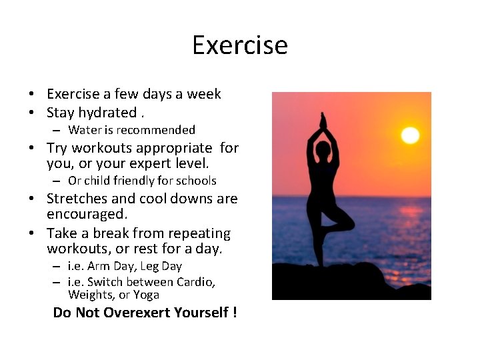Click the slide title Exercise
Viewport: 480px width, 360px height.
[240, 45]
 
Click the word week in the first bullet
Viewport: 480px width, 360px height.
[203, 94]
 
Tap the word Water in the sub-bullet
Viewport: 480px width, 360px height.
[84, 130]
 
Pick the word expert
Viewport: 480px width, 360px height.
[143, 163]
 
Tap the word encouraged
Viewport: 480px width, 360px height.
[87, 215]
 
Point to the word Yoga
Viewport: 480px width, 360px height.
[146, 295]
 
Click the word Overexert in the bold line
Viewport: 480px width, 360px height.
[137, 313]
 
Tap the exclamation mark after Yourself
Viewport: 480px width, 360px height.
[235, 313]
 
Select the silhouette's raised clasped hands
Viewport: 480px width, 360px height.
[323, 122]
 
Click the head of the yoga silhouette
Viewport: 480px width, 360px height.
[323, 151]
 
